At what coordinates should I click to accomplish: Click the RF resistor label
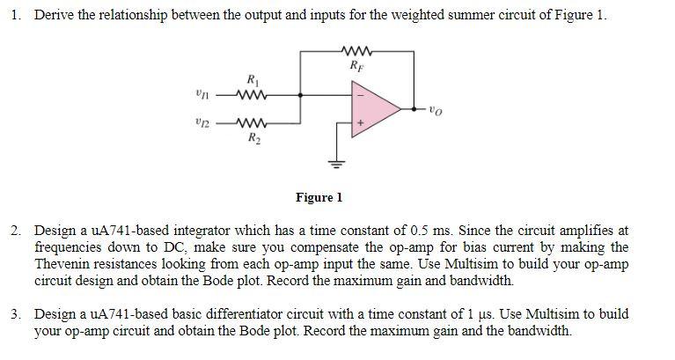[355, 64]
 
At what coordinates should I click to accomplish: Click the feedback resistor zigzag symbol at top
[356, 49]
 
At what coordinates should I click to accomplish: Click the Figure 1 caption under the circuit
[319, 198]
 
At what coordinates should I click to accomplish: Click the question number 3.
[17, 313]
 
